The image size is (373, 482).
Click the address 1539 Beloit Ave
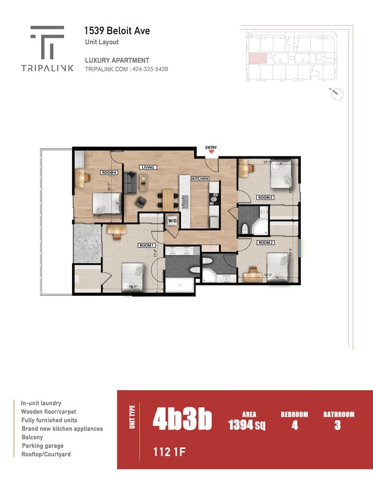(117, 31)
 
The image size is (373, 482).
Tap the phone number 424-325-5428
(150, 69)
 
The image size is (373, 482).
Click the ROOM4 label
(109, 172)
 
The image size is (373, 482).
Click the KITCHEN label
(200, 179)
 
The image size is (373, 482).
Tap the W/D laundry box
(172, 220)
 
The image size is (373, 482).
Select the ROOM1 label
(147, 245)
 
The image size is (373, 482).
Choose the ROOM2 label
(264, 243)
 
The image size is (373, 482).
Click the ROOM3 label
(265, 198)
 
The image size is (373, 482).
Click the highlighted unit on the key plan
(257, 58)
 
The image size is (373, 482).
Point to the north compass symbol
(337, 94)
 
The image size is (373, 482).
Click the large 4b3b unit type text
(182, 420)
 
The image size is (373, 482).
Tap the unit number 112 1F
(169, 453)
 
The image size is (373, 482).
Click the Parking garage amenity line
(43, 446)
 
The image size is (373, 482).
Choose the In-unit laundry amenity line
(41, 403)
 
